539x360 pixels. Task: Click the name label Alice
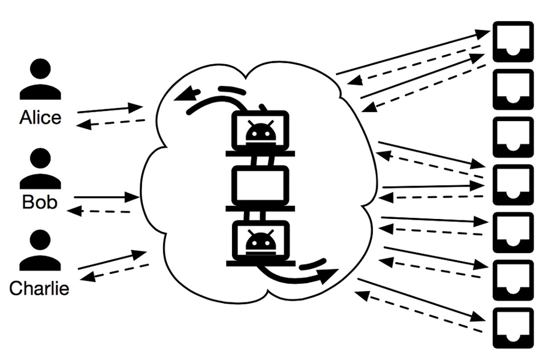point(40,118)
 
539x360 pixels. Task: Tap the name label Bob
point(40,202)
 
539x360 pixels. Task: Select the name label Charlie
point(40,288)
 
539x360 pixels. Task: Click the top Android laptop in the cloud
point(260,132)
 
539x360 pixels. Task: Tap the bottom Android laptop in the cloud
point(260,243)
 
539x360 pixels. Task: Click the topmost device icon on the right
point(513,41)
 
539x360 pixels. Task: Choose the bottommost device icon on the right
point(513,328)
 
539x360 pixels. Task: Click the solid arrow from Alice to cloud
point(110,109)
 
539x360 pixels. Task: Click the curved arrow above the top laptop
point(216,99)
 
